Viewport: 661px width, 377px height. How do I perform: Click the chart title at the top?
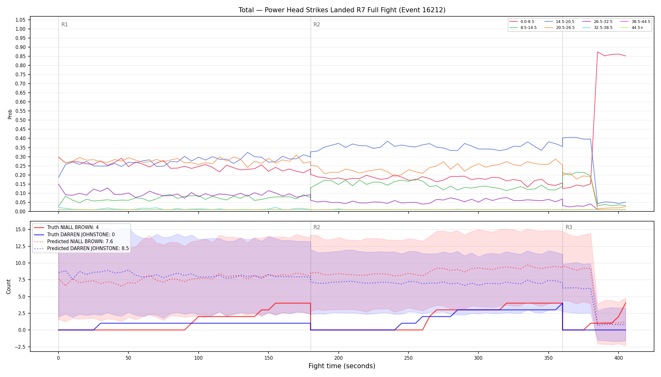(342, 10)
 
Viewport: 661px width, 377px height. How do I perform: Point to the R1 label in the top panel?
(65, 25)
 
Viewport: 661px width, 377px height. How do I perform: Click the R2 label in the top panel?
(317, 25)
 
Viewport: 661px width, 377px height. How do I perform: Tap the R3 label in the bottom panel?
(569, 227)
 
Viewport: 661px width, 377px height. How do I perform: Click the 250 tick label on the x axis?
(408, 358)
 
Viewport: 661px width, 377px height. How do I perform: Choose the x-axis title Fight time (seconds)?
(342, 366)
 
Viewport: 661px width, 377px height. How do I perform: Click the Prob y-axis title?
(10, 114)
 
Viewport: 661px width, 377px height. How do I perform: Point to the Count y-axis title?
(8, 287)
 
